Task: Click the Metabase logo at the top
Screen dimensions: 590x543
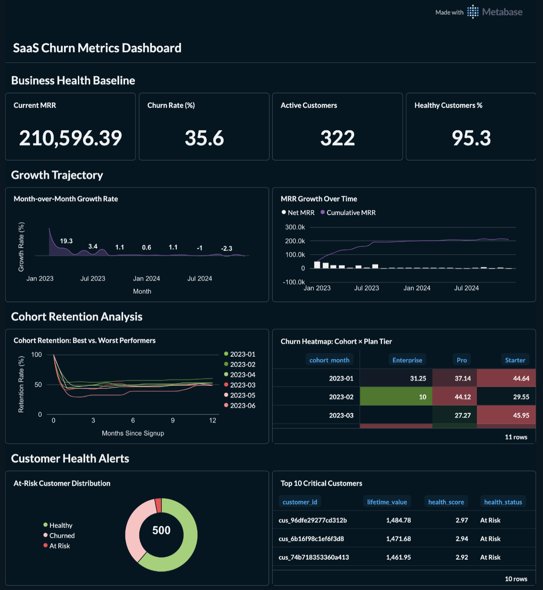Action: (x=495, y=12)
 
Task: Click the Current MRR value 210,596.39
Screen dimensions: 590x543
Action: (x=70, y=138)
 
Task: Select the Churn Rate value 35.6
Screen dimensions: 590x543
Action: (x=204, y=138)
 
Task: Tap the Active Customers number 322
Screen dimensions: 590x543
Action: (x=338, y=138)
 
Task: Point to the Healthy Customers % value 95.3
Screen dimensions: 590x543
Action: (x=471, y=138)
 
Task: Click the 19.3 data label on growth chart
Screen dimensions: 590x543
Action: (x=66, y=241)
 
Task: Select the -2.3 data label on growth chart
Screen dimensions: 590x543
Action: (x=227, y=249)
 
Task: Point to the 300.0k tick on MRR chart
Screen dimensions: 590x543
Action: (x=295, y=227)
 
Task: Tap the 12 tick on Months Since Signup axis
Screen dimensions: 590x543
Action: (x=212, y=420)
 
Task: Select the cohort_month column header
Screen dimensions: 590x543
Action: (x=329, y=360)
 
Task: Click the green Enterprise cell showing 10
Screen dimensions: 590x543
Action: (x=396, y=397)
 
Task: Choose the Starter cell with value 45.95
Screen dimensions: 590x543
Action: (x=506, y=415)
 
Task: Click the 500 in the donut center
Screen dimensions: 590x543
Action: (x=161, y=530)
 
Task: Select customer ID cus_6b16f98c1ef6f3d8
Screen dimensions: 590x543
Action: (x=311, y=539)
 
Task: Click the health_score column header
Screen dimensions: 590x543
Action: (x=446, y=502)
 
